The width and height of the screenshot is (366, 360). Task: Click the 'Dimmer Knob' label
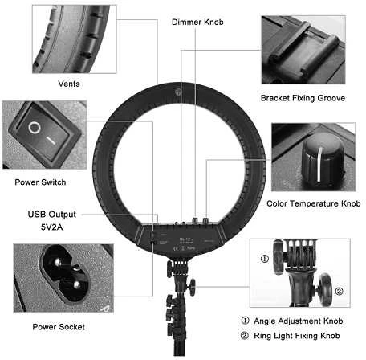tap(197, 22)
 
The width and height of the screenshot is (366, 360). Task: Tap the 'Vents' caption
tap(69, 84)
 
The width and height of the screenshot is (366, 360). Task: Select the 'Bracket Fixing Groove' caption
tap(303, 98)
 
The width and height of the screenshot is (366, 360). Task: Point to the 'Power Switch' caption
tap(40, 182)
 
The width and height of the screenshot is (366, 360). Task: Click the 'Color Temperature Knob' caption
tap(314, 203)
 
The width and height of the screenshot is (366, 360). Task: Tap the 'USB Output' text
tap(52, 215)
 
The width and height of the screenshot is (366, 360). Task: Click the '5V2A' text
tap(52, 227)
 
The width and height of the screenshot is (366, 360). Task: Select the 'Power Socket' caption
tap(59, 327)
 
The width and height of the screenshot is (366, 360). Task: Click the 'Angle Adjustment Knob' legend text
tap(299, 321)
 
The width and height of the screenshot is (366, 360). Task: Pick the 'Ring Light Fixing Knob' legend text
tap(297, 336)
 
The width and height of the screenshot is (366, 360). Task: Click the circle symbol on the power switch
tap(35, 128)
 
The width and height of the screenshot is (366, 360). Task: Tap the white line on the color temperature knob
tap(319, 164)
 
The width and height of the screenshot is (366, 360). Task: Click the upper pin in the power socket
tap(58, 262)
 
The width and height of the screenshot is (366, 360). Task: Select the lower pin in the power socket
tap(76, 284)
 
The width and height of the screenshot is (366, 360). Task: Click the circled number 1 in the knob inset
tap(265, 259)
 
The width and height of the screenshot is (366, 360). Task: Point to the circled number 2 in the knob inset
tap(339, 291)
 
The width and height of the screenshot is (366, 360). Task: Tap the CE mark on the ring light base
tap(176, 248)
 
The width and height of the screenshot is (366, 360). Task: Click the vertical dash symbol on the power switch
tap(51, 141)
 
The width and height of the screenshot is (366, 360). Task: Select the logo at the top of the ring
tap(177, 92)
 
